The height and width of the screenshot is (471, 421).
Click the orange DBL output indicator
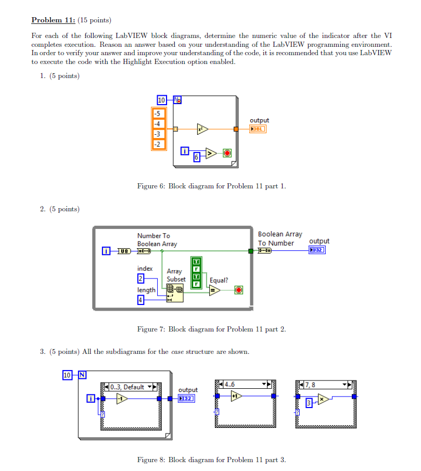pos(258,129)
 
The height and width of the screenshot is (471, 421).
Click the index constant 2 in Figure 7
pos(141,277)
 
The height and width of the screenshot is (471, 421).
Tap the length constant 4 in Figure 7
pos(141,299)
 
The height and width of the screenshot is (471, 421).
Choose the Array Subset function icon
pos(175,292)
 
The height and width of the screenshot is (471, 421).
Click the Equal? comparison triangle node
pos(214,290)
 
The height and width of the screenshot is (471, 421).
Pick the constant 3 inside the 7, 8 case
pos(309,403)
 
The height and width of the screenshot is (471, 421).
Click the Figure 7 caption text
pos(211,329)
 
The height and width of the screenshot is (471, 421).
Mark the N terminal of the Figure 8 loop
pos(81,375)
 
